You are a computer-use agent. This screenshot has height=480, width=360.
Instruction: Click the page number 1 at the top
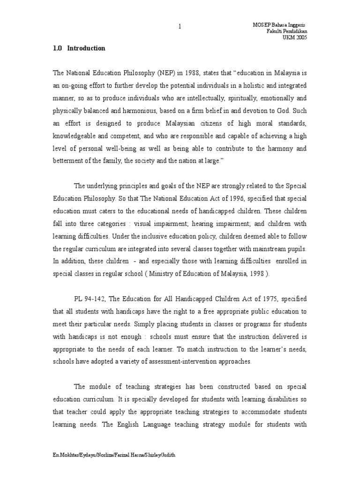[179, 26]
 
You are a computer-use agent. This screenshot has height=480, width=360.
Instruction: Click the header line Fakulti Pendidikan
[286, 31]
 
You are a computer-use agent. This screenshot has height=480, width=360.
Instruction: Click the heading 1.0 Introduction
[79, 48]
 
